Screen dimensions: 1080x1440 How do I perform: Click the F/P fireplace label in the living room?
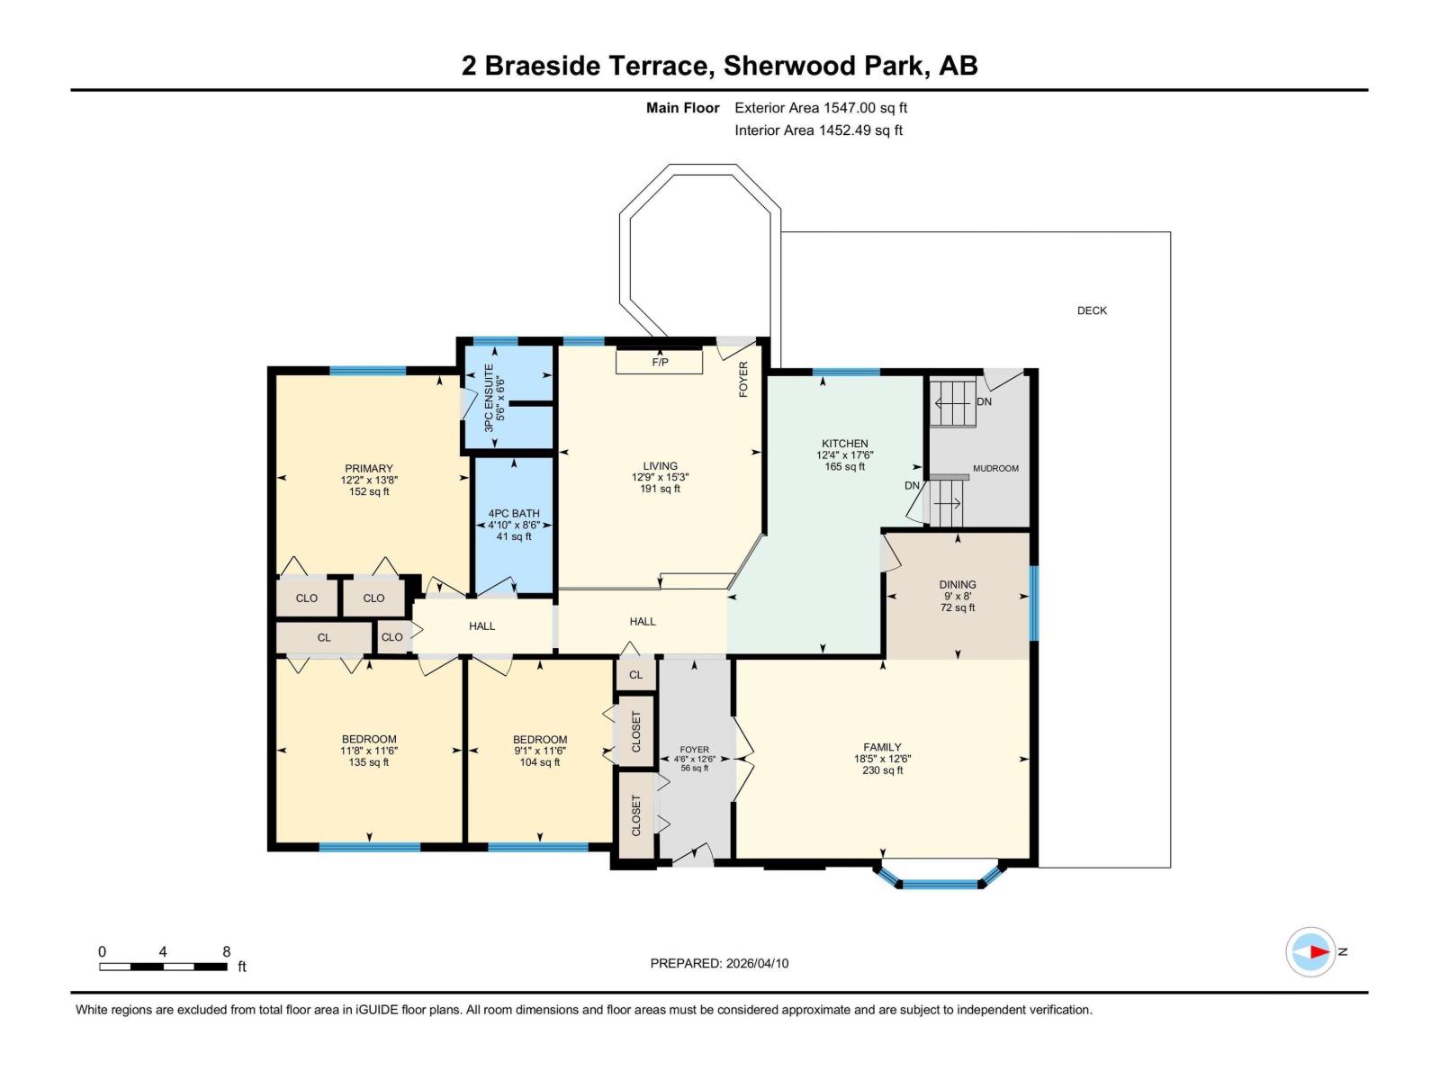pos(660,362)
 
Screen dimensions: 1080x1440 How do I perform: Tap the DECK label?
pos(1092,310)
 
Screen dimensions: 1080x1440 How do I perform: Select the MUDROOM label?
pos(995,468)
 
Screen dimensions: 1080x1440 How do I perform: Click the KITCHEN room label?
pos(844,444)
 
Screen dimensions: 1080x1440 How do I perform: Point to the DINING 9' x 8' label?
pos(958,589)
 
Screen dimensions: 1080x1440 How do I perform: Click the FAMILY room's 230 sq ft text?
pos(882,770)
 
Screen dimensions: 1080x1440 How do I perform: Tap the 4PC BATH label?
pos(514,514)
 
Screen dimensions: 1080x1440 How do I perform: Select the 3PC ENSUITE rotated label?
pos(490,398)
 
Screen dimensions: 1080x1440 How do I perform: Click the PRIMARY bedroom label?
pos(369,468)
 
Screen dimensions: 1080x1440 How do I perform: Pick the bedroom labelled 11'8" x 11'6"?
pos(369,751)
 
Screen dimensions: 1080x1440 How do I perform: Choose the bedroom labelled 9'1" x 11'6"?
pos(540,751)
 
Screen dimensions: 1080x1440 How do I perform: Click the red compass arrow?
pos(1318,951)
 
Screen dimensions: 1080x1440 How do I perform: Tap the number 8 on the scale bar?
pos(227,951)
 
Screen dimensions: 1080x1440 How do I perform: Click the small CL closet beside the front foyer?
pos(635,675)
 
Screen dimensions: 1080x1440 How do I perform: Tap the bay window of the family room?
pos(940,883)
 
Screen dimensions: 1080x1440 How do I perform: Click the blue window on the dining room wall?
pos(1034,602)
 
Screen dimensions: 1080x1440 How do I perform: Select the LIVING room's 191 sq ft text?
pos(660,489)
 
